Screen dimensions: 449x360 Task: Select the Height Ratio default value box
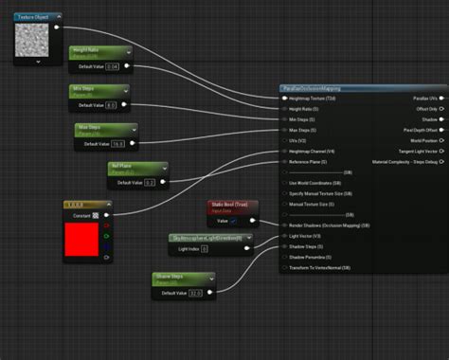tap(112, 66)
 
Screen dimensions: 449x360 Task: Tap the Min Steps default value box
tap(110, 105)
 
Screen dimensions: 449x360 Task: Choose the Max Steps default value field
tap(117, 143)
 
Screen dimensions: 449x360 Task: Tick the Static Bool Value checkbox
tap(234, 220)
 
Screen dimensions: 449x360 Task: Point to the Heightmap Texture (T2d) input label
tap(314, 99)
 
